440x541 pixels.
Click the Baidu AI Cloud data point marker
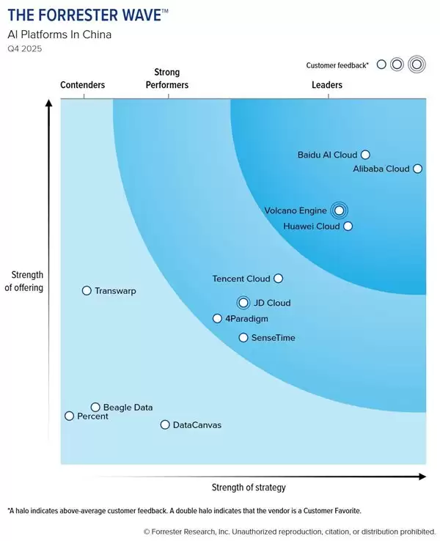365,155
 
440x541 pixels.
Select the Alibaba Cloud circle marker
417,169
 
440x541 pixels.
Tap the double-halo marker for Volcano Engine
338,210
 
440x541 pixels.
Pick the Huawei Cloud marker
348,227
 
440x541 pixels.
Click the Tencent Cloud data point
277,279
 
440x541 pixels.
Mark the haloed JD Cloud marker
243,303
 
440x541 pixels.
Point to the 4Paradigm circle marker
217,318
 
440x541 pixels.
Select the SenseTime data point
243,338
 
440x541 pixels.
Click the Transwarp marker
87,291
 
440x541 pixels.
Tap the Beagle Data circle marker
95,407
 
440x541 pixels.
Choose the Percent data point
70,416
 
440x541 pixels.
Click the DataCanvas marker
165,424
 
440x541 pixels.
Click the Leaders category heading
327,85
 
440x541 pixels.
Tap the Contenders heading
82,85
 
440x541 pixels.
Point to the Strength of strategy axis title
249,487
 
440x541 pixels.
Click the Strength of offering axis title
24,281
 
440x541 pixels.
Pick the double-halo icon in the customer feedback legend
416,65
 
